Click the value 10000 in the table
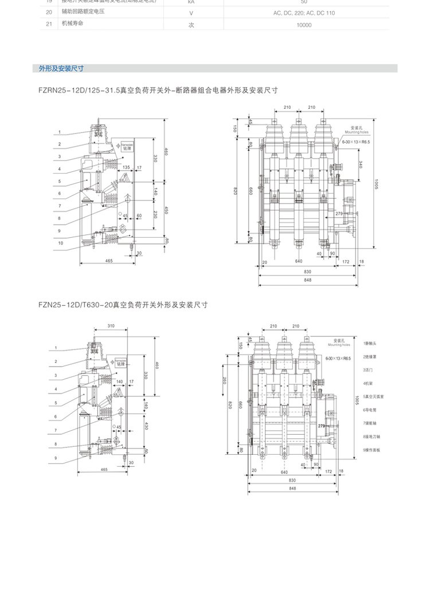[x=304, y=25]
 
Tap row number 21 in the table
[x=49, y=25]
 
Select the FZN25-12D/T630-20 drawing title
[x=123, y=305]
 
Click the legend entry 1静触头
[x=370, y=343]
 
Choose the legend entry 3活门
[x=368, y=369]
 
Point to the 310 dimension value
[x=111, y=326]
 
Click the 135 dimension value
[x=126, y=168]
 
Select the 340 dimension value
[x=359, y=164]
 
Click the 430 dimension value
[x=147, y=426]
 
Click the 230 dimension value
[x=155, y=215]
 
